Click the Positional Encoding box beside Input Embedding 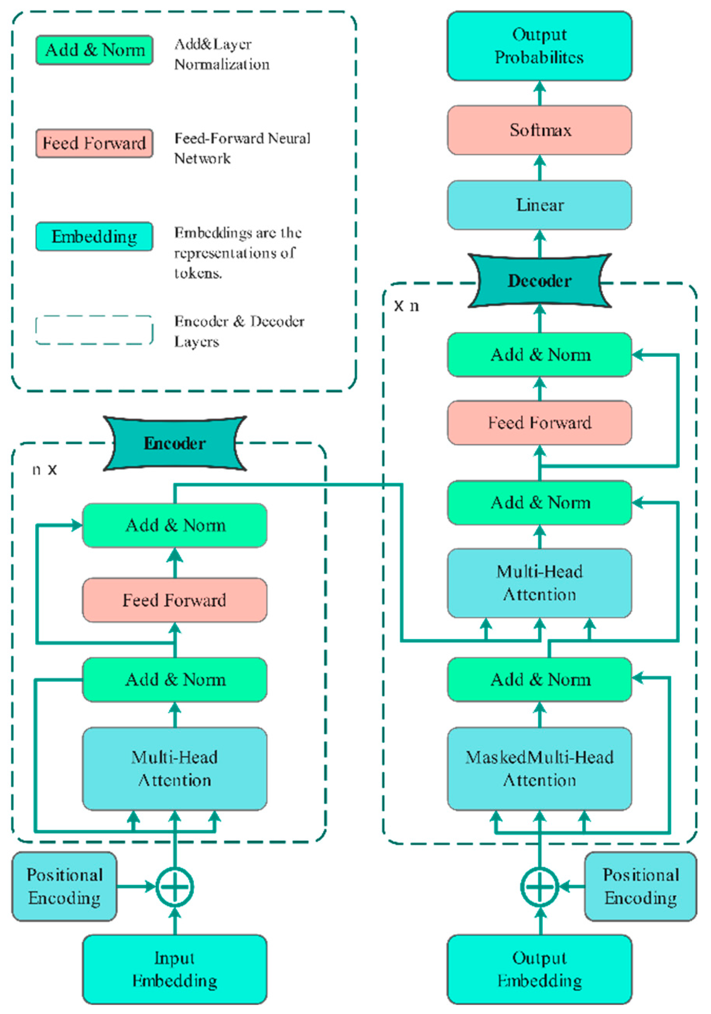[65, 886]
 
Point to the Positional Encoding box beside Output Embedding [640, 886]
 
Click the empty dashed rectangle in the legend [94, 330]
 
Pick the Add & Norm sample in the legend [94, 50]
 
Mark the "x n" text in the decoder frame [406, 306]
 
